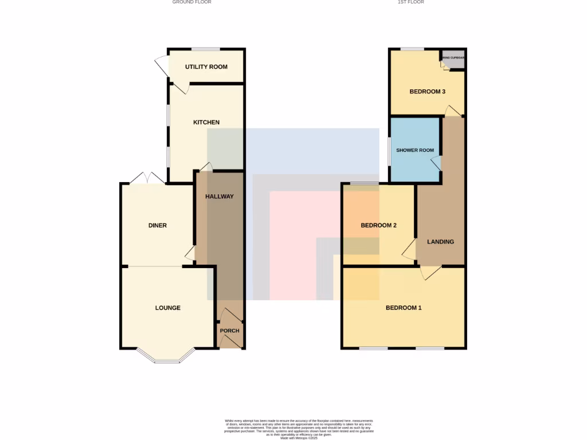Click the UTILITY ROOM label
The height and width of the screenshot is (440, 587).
click(206, 67)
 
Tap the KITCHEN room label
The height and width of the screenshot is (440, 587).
click(206, 123)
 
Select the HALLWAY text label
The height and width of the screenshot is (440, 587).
click(220, 197)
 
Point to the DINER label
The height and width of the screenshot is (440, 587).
click(158, 226)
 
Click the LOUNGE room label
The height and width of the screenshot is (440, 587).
click(168, 308)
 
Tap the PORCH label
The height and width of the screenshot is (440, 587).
click(230, 331)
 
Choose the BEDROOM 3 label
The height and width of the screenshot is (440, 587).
click(428, 92)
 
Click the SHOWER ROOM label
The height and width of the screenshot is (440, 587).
click(415, 151)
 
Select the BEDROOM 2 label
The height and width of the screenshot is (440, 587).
click(379, 226)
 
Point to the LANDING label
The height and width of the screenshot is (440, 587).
click(441, 242)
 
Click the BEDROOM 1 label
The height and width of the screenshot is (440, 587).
click(404, 308)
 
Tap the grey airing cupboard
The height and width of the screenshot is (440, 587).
click(453, 60)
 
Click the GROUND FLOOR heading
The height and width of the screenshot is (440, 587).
click(192, 2)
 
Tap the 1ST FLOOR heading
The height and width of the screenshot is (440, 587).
click(411, 2)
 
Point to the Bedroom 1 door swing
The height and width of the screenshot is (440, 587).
click(430, 273)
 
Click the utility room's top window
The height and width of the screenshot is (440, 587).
click(206, 49)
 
